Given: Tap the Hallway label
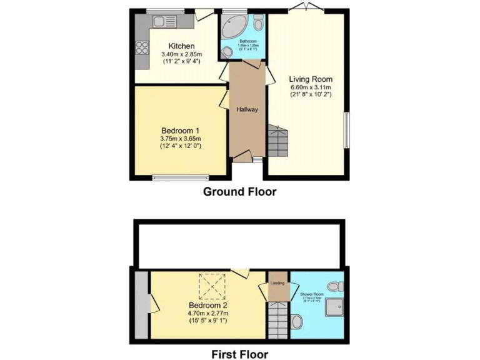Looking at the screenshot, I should click(247, 109).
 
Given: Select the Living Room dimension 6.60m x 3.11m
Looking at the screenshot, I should click(310, 87).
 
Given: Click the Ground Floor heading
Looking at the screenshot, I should click(239, 192).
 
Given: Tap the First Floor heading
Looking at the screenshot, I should click(239, 354).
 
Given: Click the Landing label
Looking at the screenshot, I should click(277, 283).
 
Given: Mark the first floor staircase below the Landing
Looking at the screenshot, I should click(276, 319).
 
